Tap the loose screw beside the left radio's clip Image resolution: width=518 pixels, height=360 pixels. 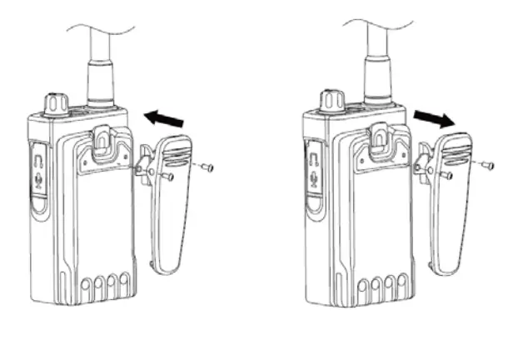(207, 167)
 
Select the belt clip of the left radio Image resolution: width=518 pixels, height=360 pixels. (172, 208)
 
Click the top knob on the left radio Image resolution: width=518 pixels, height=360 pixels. (57, 102)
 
